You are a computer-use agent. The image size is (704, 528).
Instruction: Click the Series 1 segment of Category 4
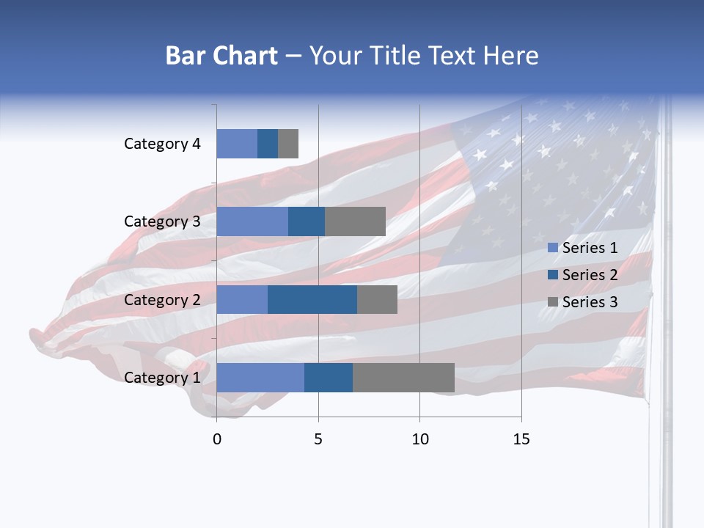(237, 144)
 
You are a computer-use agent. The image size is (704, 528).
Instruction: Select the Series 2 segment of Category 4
(268, 144)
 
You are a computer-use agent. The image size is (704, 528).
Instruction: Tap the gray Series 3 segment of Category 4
(288, 144)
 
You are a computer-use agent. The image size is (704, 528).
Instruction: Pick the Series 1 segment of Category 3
(252, 221)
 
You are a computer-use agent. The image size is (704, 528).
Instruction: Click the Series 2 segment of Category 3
(307, 221)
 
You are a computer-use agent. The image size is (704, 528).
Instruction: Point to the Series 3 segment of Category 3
(355, 221)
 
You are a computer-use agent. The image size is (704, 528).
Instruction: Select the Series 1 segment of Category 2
(242, 299)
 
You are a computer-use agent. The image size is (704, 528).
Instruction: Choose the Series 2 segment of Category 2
(312, 299)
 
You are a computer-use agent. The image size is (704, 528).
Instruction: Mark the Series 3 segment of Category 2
(377, 299)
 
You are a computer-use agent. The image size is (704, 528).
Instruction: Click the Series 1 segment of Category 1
(260, 378)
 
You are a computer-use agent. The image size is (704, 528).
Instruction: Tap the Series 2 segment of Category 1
(329, 378)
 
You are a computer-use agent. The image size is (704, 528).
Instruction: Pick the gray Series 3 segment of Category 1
(403, 378)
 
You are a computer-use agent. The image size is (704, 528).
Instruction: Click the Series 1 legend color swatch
(553, 248)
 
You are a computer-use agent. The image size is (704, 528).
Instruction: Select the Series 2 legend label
(590, 275)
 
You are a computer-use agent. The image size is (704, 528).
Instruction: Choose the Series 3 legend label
(590, 301)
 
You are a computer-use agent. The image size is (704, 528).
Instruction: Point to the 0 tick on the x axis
(216, 439)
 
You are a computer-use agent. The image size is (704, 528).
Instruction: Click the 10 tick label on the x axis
(419, 439)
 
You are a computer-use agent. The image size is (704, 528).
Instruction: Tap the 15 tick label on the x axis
(521, 439)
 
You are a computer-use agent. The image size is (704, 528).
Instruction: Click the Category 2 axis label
(162, 299)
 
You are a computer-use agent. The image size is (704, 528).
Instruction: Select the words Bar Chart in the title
(221, 56)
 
